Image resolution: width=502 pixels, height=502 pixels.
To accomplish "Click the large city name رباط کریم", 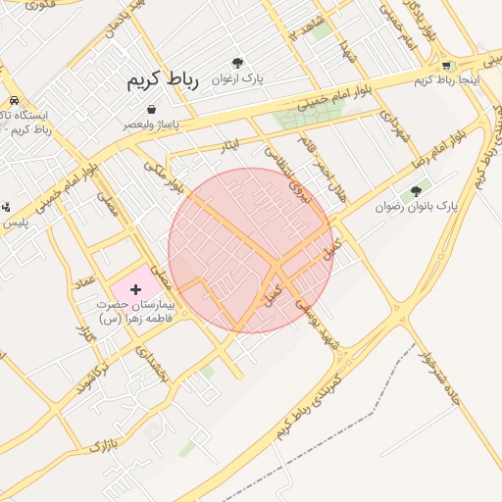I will click(163, 81).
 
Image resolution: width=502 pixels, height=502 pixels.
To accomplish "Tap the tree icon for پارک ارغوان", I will click(237, 62).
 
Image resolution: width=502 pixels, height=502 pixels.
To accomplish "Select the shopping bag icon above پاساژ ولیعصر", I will click(151, 109).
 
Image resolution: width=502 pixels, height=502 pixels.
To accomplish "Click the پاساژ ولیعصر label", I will click(151, 125).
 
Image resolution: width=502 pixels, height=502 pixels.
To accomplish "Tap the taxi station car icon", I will click(15, 101).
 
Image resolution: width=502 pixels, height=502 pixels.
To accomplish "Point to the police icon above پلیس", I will click(6, 207).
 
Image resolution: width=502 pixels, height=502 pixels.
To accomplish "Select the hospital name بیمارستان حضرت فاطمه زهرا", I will click(135, 312).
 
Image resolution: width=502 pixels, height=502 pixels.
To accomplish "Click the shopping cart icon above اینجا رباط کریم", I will click(448, 65).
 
